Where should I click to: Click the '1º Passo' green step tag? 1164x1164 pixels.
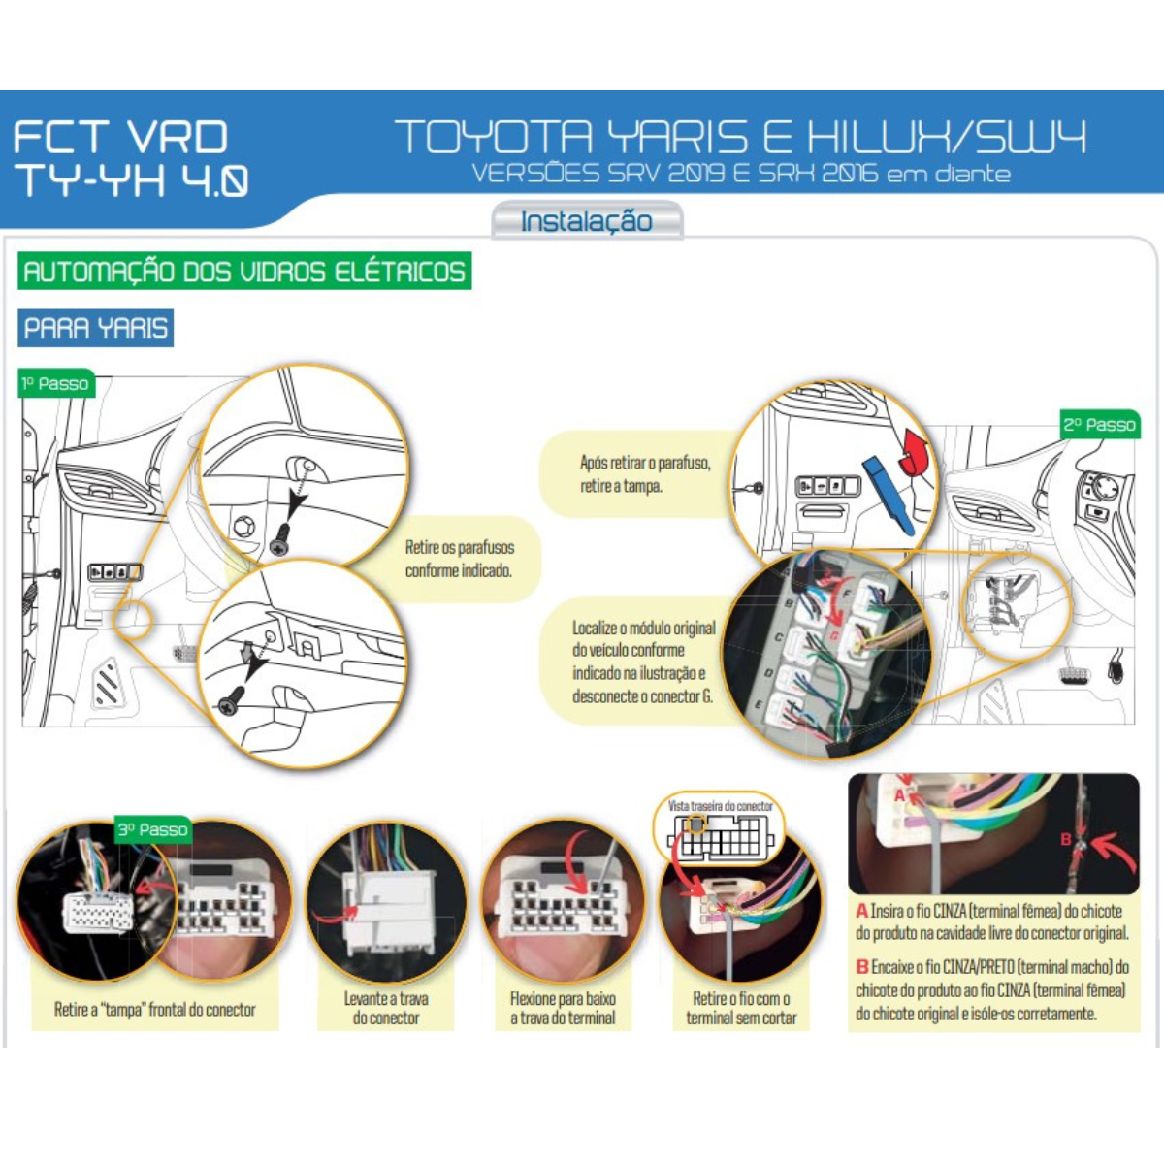click(x=56, y=383)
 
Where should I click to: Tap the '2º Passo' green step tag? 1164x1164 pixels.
click(x=1100, y=425)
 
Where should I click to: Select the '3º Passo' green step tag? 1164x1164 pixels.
click(x=153, y=829)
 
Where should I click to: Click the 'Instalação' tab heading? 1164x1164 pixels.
click(x=587, y=221)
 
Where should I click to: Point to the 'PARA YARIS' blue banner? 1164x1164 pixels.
click(x=95, y=328)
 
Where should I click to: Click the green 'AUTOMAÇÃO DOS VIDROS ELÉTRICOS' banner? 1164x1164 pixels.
click(x=244, y=271)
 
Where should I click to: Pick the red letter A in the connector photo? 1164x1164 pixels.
click(x=899, y=796)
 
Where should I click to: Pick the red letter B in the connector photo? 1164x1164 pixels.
click(x=1066, y=839)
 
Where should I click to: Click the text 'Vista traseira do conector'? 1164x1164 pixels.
click(x=720, y=806)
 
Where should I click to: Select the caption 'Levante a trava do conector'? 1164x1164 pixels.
click(x=386, y=1008)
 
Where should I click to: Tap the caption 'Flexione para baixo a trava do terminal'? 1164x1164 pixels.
click(x=563, y=1008)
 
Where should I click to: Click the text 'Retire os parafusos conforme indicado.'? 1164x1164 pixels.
click(x=460, y=559)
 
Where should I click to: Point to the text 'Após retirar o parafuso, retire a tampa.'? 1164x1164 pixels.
click(x=645, y=474)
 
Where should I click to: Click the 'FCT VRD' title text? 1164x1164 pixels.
click(x=120, y=137)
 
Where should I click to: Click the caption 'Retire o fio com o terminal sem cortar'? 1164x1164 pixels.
click(x=741, y=1008)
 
